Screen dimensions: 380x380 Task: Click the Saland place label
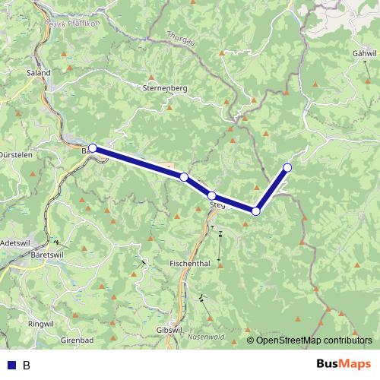[39, 73]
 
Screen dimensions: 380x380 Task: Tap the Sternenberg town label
[164, 88]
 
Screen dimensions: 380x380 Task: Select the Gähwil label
[365, 55]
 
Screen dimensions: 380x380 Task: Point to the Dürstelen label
[15, 153]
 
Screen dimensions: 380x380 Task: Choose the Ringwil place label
[40, 324]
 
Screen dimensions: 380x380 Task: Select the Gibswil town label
[169, 330]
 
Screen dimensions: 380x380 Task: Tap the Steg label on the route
[217, 205]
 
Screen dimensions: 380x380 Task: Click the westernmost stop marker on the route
[93, 148]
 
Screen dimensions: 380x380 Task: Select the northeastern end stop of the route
[287, 167]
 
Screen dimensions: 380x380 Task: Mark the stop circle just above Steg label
[212, 195]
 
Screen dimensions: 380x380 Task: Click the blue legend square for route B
[11, 365]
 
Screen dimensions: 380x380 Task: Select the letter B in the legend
[27, 365]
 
